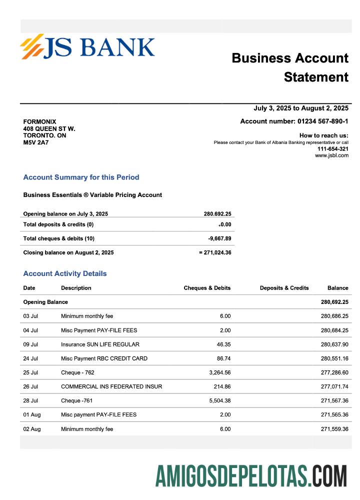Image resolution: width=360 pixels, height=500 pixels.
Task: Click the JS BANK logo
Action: pyautogui.click(x=87, y=46)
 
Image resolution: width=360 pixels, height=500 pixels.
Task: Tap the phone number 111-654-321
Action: pyautogui.click(x=333, y=149)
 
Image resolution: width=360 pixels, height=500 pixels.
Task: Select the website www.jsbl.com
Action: pyautogui.click(x=331, y=155)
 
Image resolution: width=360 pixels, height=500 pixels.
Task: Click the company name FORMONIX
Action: pyautogui.click(x=39, y=122)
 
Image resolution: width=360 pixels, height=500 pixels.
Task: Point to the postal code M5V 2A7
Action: pyautogui.click(x=36, y=142)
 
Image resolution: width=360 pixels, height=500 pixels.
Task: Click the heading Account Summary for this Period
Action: pyautogui.click(x=81, y=177)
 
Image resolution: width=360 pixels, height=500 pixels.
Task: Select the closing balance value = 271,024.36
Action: pyautogui.click(x=215, y=252)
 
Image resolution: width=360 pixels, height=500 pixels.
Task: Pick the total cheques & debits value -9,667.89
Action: pyautogui.click(x=219, y=238)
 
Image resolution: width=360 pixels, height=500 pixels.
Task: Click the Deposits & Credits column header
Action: pyautogui.click(x=284, y=288)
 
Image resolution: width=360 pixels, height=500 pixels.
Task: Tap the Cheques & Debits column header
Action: pyautogui.click(x=207, y=288)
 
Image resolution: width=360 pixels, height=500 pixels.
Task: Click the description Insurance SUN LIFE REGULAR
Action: pyautogui.click(x=100, y=344)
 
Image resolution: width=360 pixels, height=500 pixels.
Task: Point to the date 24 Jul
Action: pyautogui.click(x=31, y=358)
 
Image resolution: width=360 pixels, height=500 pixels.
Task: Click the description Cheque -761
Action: pyautogui.click(x=76, y=400)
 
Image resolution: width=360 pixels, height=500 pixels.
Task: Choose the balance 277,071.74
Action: pyautogui.click(x=334, y=386)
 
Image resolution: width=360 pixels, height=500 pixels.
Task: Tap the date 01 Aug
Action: pyautogui.click(x=32, y=414)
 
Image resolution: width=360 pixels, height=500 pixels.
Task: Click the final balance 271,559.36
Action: pyautogui.click(x=334, y=429)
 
